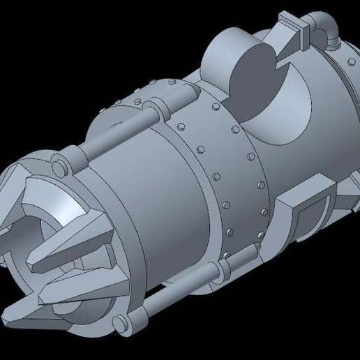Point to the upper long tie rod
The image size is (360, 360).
112,142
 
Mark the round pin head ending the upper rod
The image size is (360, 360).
58,167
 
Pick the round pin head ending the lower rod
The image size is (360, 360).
121,322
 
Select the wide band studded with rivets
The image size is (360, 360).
223,167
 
